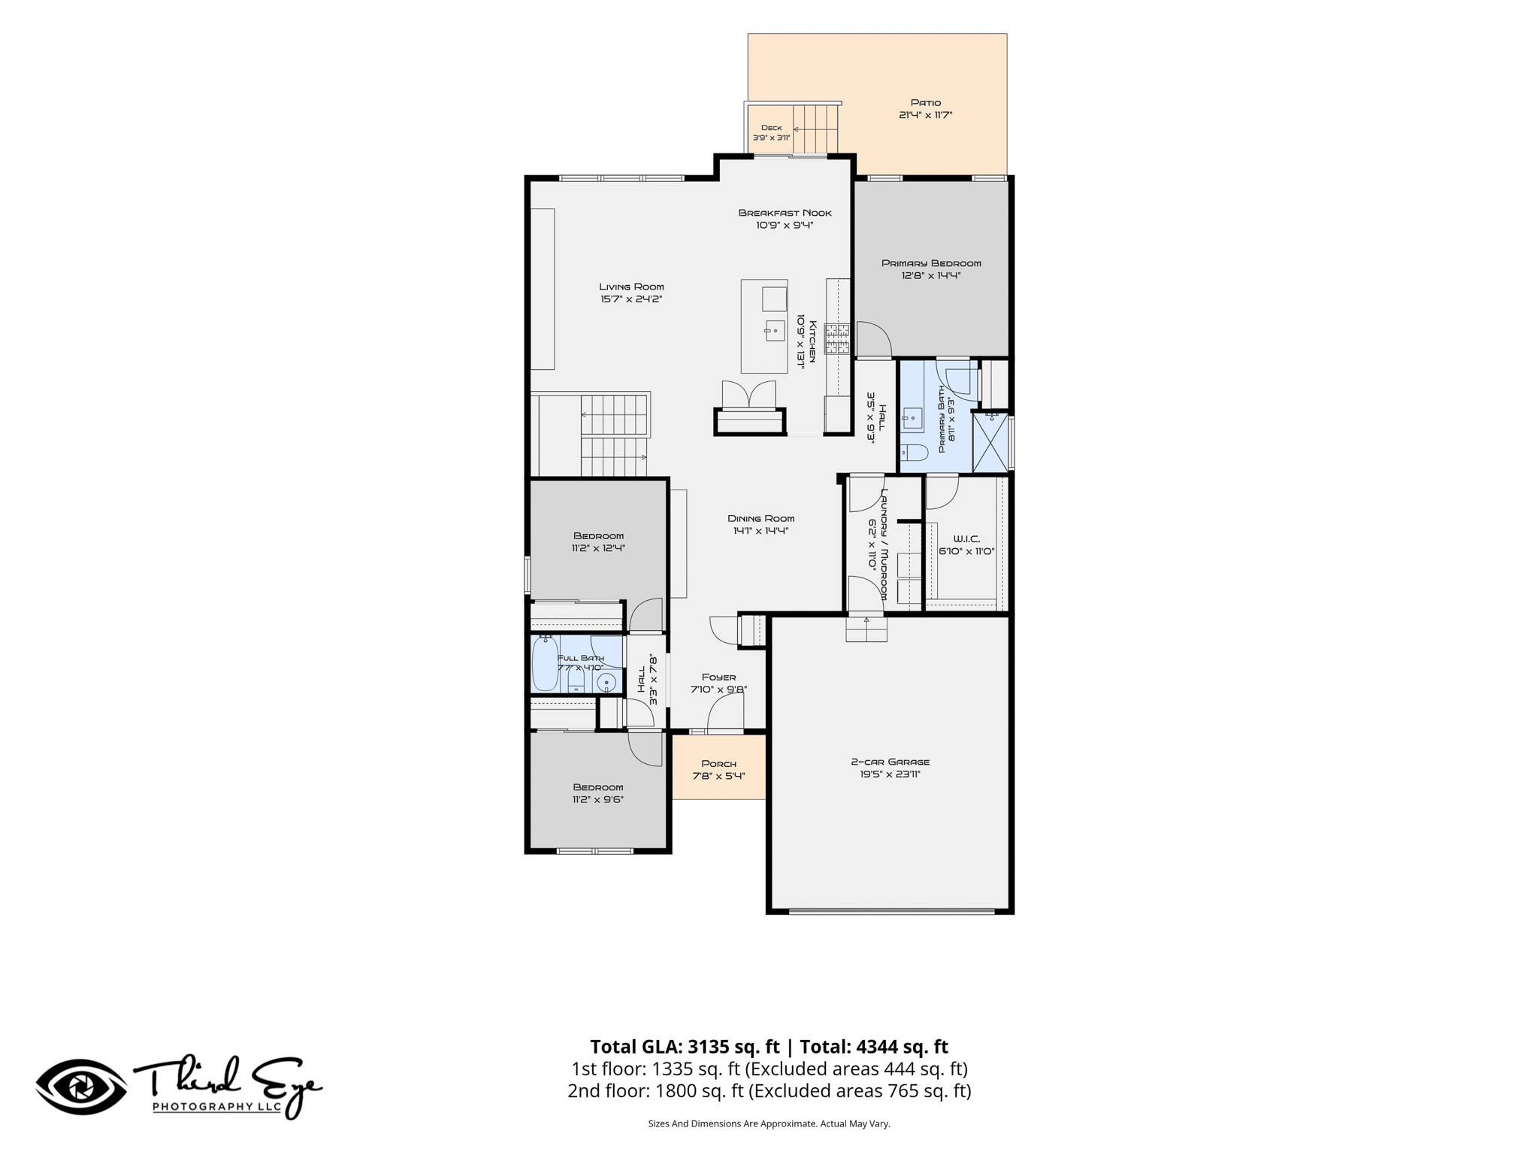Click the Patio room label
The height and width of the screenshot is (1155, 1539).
926,102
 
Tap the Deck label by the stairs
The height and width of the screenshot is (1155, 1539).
772,128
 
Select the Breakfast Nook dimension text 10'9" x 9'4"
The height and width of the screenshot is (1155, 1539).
785,225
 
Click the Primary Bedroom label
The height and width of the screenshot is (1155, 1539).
931,263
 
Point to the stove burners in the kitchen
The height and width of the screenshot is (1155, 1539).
837,339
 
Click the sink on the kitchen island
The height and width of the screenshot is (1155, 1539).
775,329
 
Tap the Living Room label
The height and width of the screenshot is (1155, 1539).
631,286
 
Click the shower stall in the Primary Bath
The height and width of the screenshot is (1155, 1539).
990,442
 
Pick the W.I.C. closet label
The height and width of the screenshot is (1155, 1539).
966,539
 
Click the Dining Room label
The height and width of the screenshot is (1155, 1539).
760,518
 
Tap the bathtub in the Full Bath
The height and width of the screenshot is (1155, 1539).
546,663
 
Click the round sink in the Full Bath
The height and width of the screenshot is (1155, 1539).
607,682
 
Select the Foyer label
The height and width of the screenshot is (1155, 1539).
718,677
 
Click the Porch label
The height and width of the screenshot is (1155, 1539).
718,764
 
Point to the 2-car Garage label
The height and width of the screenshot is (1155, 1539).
890,762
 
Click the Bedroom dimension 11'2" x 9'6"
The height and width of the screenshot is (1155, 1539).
597,800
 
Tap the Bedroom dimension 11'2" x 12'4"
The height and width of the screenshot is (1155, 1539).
598,548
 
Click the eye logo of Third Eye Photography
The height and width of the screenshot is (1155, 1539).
81,1087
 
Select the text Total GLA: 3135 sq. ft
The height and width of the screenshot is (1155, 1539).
686,1047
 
